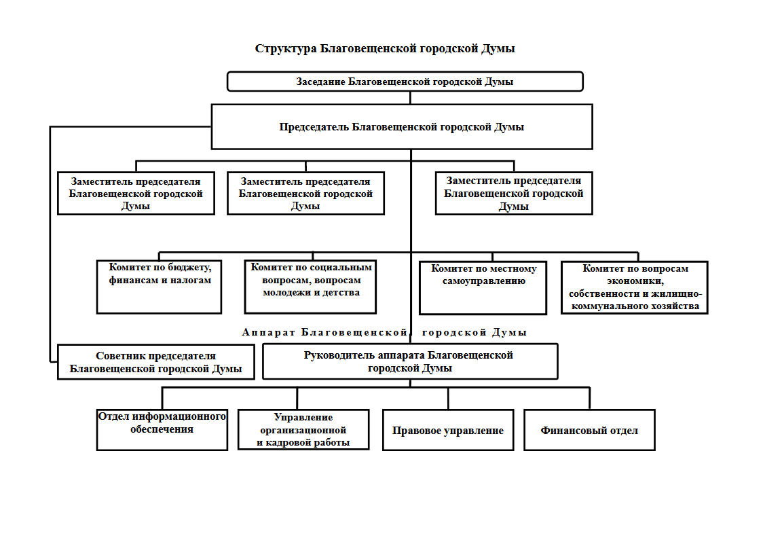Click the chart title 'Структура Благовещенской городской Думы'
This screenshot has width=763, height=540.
pyautogui.click(x=385, y=49)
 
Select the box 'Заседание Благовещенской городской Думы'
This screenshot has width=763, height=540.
pyautogui.click(x=405, y=82)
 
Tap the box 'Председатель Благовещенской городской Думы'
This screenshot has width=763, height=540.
pyautogui.click(x=402, y=127)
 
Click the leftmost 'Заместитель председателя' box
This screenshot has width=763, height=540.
pyautogui.click(x=136, y=194)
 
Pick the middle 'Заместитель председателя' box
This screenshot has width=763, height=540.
pyautogui.click(x=305, y=194)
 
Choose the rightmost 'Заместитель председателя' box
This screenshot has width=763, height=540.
pyautogui.click(x=514, y=194)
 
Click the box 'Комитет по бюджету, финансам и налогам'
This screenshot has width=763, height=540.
pyautogui.click(x=159, y=287)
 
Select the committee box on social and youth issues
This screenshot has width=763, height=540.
pyautogui.click(x=310, y=287)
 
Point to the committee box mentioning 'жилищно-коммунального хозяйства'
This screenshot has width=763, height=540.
pyautogui.click(x=635, y=287)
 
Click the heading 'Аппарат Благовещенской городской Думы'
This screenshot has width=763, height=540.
pyautogui.click(x=384, y=333)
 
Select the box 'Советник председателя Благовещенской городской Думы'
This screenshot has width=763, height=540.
pyautogui.click(x=155, y=362)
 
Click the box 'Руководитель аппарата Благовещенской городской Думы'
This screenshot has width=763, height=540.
pyautogui.click(x=410, y=361)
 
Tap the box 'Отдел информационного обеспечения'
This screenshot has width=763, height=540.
pyautogui.click(x=162, y=429)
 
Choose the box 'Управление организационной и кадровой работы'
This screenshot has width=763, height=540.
pyautogui.click(x=303, y=429)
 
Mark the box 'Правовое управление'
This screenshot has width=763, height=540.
pyautogui.click(x=448, y=430)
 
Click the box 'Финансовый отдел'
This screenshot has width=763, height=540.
pyautogui.click(x=589, y=430)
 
